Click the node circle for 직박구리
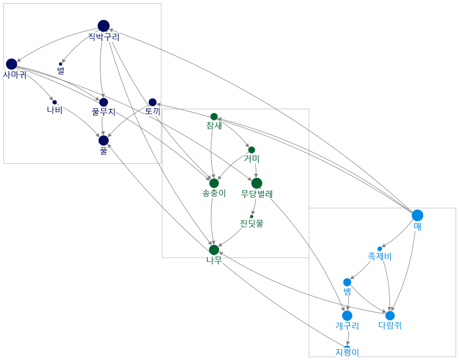(x=103, y=26)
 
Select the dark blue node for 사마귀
(x=12, y=64)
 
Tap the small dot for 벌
(x=60, y=64)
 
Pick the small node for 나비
(x=55, y=102)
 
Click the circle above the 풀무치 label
(x=103, y=102)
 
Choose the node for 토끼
(x=153, y=102)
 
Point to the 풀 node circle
(x=103, y=140)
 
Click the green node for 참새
(x=214, y=116)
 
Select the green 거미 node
(x=251, y=150)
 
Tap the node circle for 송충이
(x=214, y=183)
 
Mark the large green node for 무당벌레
(x=257, y=183)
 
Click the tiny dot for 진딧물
(x=251, y=216)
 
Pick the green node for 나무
(x=214, y=250)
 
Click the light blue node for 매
(x=417, y=216)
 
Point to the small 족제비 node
(x=380, y=249)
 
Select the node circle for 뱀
(x=347, y=282)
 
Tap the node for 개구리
(x=347, y=316)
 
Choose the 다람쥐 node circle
(x=390, y=316)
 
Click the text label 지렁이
(x=347, y=352)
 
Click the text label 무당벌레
(x=257, y=194)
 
